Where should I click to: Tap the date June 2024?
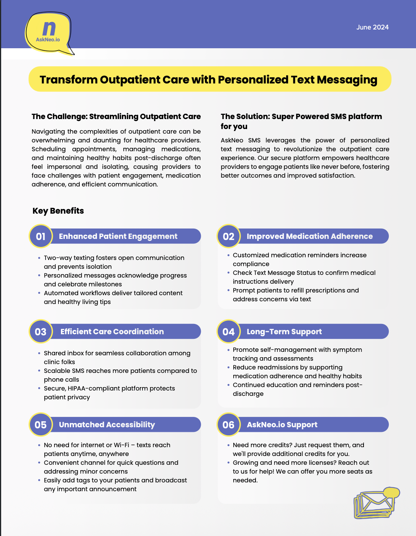click(x=372, y=27)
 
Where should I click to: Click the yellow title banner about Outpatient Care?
click(x=210, y=79)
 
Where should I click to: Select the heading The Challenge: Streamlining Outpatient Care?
click(x=116, y=116)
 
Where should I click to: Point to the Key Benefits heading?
click(x=58, y=211)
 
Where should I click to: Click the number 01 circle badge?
click(x=41, y=236)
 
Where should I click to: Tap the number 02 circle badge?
click(x=229, y=236)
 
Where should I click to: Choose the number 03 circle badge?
click(x=41, y=332)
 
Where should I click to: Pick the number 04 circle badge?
click(x=229, y=332)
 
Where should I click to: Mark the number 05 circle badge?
click(x=41, y=425)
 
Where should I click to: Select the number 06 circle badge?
click(x=229, y=425)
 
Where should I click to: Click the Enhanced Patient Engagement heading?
click(x=118, y=236)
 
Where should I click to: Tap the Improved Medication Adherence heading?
click(x=310, y=236)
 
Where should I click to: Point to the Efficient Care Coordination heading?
click(x=112, y=332)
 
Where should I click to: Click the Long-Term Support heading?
click(x=284, y=332)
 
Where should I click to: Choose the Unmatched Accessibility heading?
click(x=107, y=425)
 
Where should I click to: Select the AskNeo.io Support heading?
click(x=282, y=425)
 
